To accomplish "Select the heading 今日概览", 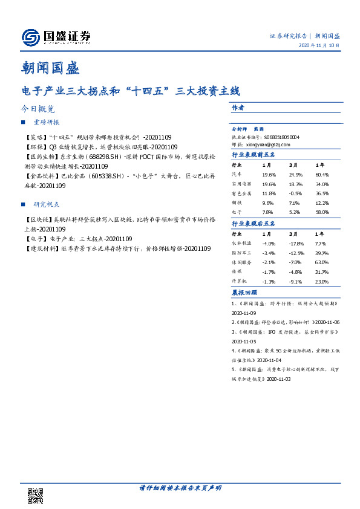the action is (x=38, y=109).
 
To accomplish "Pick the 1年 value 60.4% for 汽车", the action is (x=322, y=173).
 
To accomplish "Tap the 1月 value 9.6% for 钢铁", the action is (x=269, y=203).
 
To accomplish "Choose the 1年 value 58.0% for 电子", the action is (x=322, y=213).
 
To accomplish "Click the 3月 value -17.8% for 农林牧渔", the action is (x=296, y=243).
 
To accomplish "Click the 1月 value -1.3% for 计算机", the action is (x=269, y=282).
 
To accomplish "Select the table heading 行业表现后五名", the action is (x=254, y=224).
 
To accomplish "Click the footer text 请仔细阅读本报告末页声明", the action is (x=180, y=487).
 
